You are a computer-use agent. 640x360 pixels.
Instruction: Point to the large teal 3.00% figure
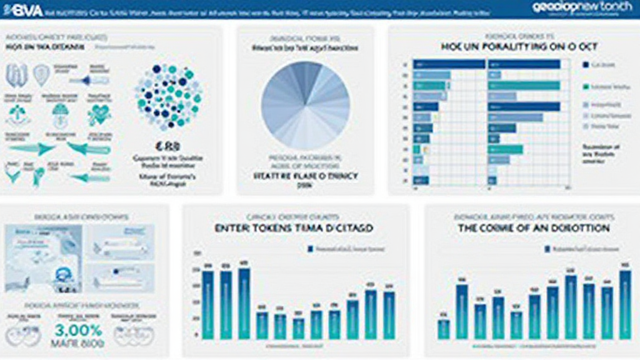coord(78,329)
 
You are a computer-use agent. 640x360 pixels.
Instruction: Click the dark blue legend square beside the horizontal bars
coord(586,64)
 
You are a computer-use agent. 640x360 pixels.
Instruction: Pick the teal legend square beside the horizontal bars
coord(586,87)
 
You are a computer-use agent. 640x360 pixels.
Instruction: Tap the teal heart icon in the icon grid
coord(98,113)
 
